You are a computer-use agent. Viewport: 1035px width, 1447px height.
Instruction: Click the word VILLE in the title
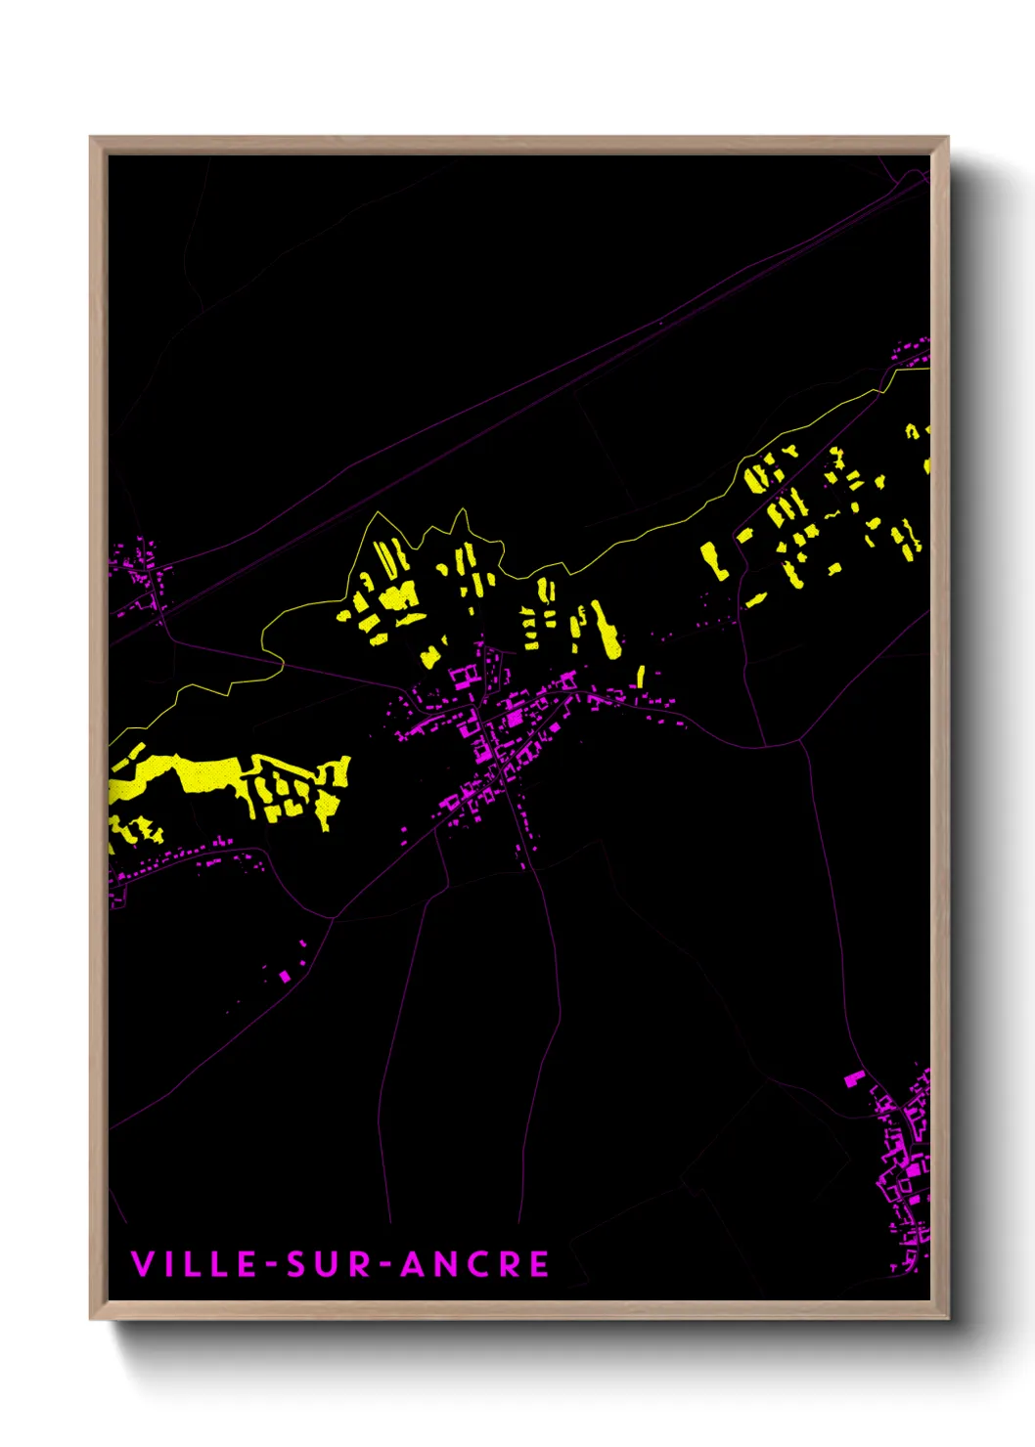pos(193,1264)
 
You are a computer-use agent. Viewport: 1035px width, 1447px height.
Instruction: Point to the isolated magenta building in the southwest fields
pos(285,975)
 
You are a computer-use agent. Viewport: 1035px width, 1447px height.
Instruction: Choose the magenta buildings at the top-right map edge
pos(915,350)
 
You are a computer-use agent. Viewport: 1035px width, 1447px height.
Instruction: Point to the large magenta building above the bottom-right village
pos(854,1078)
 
